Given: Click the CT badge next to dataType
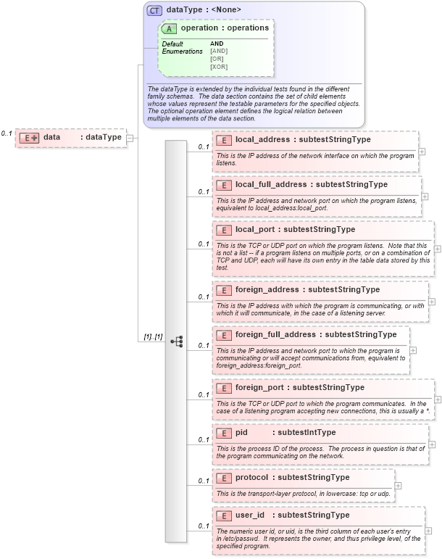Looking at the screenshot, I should (154, 10).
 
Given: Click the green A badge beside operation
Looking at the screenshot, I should (170, 28).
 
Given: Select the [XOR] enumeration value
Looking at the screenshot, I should (218, 67).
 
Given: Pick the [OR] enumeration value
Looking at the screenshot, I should (217, 59).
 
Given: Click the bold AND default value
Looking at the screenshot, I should (217, 44).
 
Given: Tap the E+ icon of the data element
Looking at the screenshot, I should (29, 137).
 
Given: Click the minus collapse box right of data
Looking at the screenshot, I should (130, 137).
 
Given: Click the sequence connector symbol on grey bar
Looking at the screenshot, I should (176, 341).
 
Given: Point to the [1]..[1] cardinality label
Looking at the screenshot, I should (152, 338).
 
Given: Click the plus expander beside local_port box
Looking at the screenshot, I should (437, 248).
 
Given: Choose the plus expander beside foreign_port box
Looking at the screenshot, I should (438, 399).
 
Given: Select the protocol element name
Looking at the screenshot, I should (252, 478).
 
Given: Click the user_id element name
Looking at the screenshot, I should (250, 515).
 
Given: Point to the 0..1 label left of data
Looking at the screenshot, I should (7, 133).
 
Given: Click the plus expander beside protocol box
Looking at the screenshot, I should (398, 486).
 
